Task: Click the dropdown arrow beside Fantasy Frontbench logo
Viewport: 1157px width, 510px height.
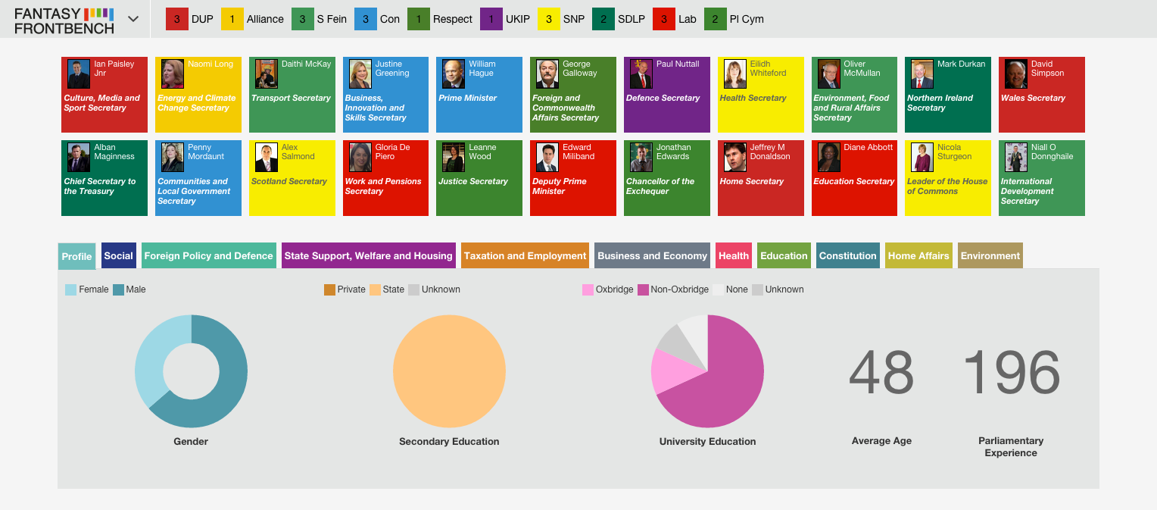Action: [133, 19]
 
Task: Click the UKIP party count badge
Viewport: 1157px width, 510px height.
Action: [491, 19]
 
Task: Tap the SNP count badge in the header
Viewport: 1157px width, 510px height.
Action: [548, 19]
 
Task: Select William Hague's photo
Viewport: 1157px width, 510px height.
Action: [454, 74]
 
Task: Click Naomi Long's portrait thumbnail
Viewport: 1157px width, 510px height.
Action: [173, 74]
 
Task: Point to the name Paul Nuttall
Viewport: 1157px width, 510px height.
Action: [678, 64]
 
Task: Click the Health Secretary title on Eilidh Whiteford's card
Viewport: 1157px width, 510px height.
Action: [753, 99]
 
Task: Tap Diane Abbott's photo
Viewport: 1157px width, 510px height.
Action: [828, 157]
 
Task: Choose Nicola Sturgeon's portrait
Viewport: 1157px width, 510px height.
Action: [922, 157]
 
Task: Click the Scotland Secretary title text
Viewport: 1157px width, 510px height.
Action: [288, 181]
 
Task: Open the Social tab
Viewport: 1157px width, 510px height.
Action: [119, 255]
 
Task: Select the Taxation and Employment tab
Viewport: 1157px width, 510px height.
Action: [525, 255]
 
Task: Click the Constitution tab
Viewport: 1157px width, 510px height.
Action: [847, 255]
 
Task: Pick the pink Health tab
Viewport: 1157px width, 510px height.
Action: [734, 255]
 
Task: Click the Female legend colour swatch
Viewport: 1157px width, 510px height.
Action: [70, 289]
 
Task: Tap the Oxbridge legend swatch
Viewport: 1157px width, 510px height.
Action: [588, 289]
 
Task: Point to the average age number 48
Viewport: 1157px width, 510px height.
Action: [881, 372]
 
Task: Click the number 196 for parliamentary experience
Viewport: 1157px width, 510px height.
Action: [1012, 372]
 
